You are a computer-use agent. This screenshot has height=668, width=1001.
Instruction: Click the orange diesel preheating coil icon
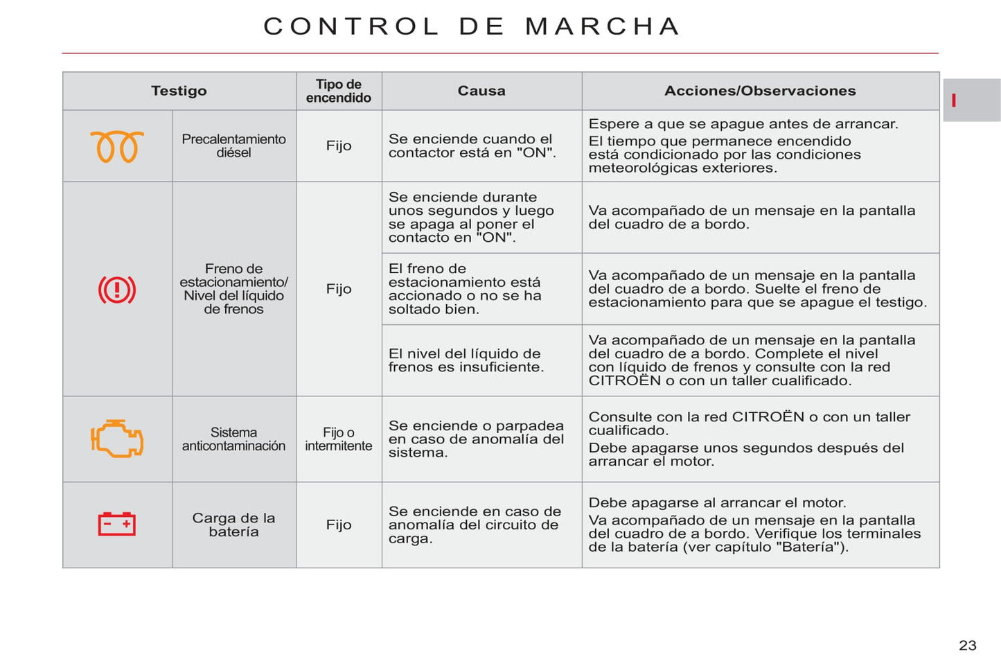click(117, 146)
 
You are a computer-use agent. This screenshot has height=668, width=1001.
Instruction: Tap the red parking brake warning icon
click(117, 290)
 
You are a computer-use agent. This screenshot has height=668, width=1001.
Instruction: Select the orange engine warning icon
click(117, 439)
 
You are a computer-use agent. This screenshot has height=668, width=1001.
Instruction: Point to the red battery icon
click(117, 524)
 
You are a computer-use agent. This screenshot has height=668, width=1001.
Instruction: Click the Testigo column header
click(179, 91)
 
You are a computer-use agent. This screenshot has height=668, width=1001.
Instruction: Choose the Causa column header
click(481, 91)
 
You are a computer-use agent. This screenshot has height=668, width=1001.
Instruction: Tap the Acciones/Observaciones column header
click(760, 91)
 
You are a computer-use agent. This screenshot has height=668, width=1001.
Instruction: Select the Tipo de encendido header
click(339, 91)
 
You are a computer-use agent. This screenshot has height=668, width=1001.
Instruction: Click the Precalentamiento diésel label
click(233, 146)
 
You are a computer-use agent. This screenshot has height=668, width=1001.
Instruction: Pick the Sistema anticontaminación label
click(233, 439)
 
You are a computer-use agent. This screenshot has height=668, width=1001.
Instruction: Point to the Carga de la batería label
click(233, 525)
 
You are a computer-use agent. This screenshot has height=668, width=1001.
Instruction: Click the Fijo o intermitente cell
click(339, 439)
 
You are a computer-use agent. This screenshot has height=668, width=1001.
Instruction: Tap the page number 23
click(968, 646)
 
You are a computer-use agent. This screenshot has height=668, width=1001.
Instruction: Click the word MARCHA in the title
click(603, 26)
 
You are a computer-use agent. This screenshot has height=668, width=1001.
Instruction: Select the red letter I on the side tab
click(954, 100)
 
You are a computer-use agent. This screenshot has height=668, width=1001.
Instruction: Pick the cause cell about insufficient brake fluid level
click(466, 360)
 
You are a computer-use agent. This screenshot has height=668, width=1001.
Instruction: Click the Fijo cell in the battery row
click(339, 525)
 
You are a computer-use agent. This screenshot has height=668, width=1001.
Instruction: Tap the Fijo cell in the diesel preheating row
click(339, 146)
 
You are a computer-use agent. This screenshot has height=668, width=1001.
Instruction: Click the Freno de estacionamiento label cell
click(233, 289)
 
